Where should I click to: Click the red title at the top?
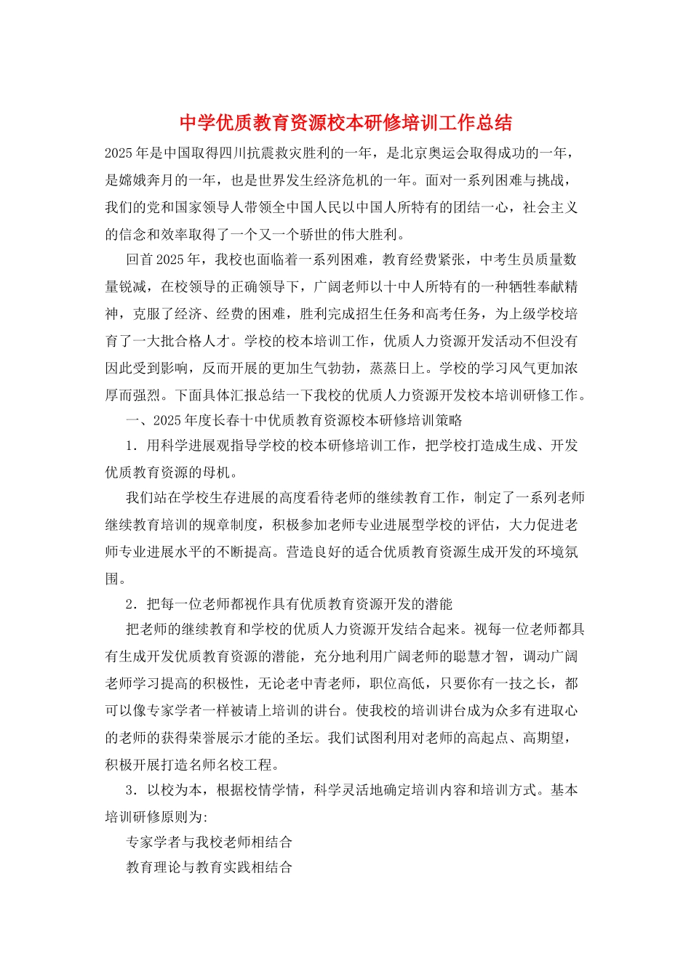(x=345, y=123)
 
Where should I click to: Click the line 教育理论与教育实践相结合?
(x=209, y=867)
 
